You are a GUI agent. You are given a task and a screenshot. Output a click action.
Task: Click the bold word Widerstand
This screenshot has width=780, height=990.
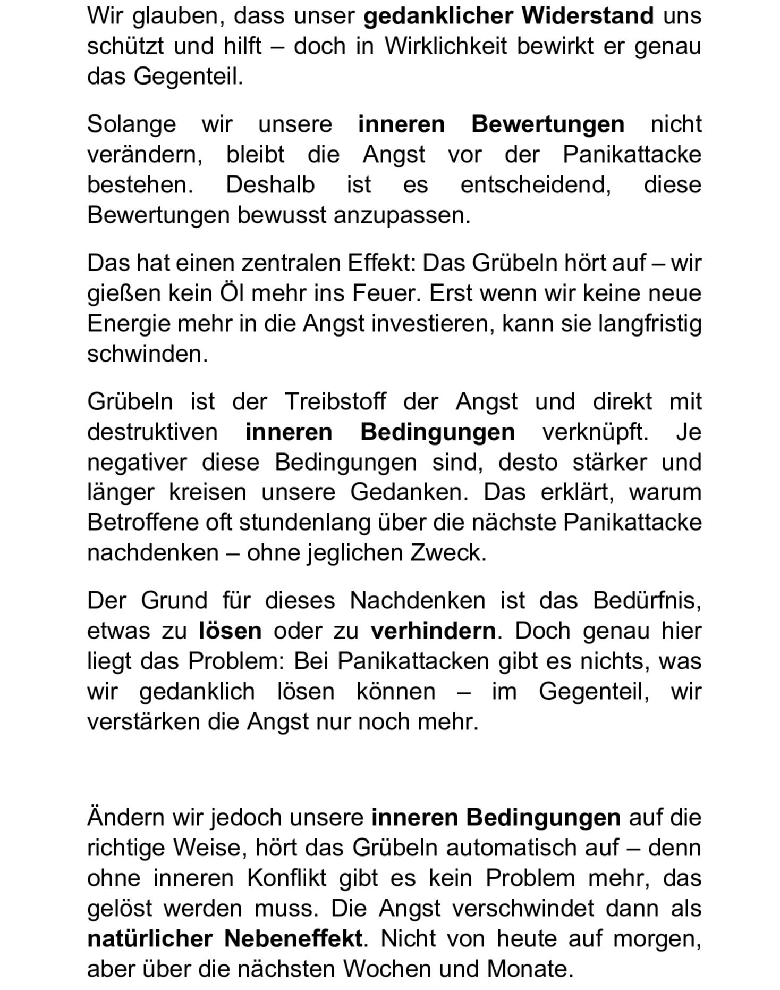(587, 16)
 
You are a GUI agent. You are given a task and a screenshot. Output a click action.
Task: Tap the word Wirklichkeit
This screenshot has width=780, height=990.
(445, 46)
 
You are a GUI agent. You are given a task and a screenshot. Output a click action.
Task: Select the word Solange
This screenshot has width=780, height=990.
(131, 124)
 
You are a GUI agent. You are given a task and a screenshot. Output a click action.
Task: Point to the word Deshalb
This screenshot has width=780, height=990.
(270, 185)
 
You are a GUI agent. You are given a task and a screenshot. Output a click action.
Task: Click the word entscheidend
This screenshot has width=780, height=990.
(535, 185)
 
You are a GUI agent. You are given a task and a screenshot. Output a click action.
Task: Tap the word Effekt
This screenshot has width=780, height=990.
(381, 263)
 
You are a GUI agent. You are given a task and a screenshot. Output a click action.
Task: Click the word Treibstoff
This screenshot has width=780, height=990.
(335, 401)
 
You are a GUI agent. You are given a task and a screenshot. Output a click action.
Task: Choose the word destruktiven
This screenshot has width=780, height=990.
(152, 432)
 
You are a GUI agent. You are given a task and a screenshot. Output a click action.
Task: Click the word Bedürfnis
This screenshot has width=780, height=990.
(647, 601)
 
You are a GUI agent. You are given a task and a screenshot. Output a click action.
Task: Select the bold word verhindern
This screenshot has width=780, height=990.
(433, 631)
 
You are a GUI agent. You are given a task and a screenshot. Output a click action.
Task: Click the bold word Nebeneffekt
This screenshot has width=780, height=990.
(293, 938)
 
